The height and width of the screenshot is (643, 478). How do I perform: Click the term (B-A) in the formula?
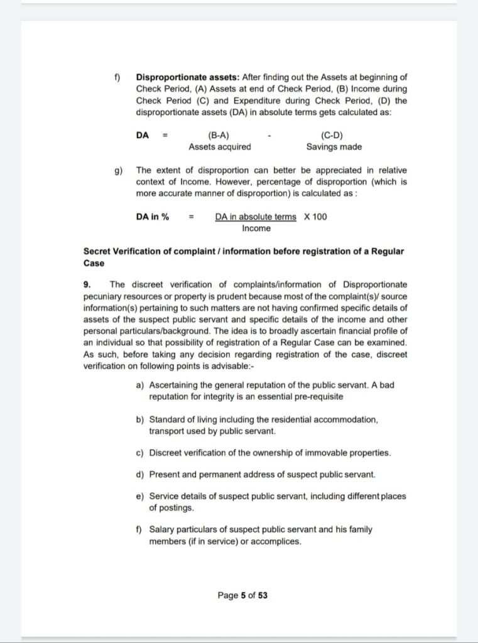click(x=219, y=136)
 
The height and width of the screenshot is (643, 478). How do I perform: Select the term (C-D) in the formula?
click(x=332, y=136)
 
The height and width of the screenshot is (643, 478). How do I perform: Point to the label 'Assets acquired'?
click(x=220, y=147)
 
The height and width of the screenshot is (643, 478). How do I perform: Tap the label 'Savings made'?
click(x=334, y=147)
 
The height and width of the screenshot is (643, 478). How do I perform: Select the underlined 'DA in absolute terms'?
click(x=256, y=217)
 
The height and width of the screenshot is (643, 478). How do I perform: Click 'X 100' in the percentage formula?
click(x=315, y=217)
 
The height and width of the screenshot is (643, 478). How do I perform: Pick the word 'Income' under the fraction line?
click(x=256, y=229)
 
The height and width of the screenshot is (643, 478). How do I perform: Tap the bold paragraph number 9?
click(x=87, y=284)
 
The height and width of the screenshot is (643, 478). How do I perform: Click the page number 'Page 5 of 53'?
click(x=242, y=595)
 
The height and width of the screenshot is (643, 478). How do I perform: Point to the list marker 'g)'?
click(x=119, y=170)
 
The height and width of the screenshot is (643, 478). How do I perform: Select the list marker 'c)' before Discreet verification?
click(x=140, y=453)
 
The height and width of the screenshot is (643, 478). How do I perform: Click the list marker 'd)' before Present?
click(x=140, y=474)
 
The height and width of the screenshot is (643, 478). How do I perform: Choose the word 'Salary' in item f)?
click(x=163, y=529)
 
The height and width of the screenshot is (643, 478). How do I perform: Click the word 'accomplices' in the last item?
click(x=276, y=541)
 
